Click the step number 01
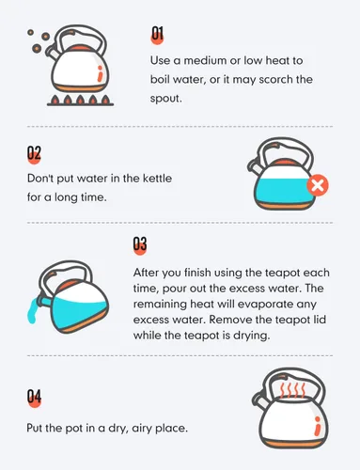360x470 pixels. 158,34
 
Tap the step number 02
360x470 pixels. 34,153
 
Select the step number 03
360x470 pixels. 140,243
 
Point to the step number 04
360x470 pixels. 34,396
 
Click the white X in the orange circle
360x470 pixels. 318,185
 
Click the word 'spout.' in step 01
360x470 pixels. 165,99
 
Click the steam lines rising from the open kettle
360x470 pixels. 292,389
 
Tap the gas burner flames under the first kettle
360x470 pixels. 81,100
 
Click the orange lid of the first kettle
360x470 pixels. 80,49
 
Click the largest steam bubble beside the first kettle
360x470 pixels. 37,48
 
